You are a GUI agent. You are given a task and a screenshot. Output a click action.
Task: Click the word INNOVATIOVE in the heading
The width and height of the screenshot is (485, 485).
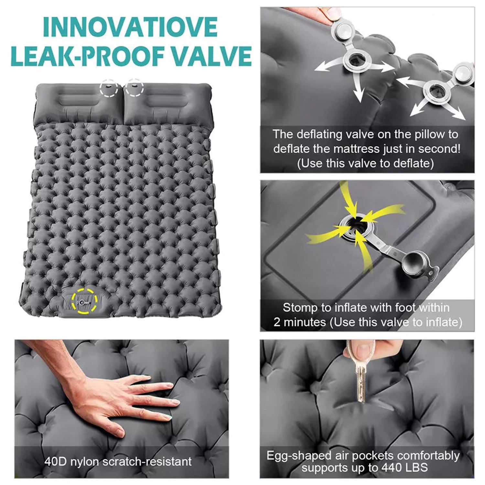pyautogui.click(x=130, y=27)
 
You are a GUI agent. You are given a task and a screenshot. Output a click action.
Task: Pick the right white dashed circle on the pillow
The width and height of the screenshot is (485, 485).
pyautogui.click(x=134, y=87)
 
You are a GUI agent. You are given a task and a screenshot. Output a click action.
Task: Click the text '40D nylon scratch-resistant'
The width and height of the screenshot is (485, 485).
pyautogui.click(x=118, y=461)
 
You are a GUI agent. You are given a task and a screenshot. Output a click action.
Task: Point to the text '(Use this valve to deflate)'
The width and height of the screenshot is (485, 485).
pyautogui.click(x=365, y=163)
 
